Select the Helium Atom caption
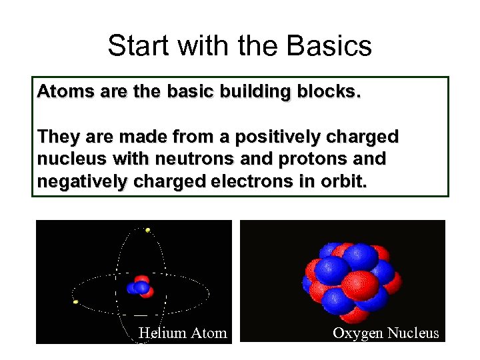click(x=182, y=333)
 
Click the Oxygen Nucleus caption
click(x=386, y=333)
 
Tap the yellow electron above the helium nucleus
click(x=147, y=230)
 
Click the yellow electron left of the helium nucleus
click(x=76, y=302)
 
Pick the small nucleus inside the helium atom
click(x=141, y=286)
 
